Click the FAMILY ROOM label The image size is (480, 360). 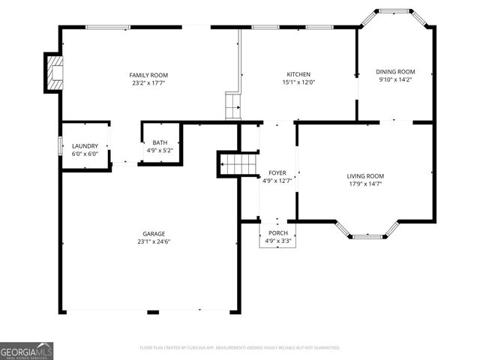point(148,75)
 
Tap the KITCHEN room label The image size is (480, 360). point(298,75)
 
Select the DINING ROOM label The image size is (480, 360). point(395,72)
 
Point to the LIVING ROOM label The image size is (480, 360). point(365,175)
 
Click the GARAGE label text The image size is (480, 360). point(154,233)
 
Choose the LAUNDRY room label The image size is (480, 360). point(85,145)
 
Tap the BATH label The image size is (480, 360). point(160,142)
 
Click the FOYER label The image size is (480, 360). point(277,172)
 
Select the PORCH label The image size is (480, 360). point(278,233)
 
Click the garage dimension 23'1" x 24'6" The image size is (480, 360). point(154,241)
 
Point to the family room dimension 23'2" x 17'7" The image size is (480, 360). point(148,83)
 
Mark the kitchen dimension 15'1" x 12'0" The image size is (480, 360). point(298,83)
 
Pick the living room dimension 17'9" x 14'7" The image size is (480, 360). point(365,184)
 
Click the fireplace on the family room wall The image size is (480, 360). point(54,73)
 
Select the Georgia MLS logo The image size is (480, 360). point(27,350)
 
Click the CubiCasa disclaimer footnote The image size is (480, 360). point(240,348)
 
